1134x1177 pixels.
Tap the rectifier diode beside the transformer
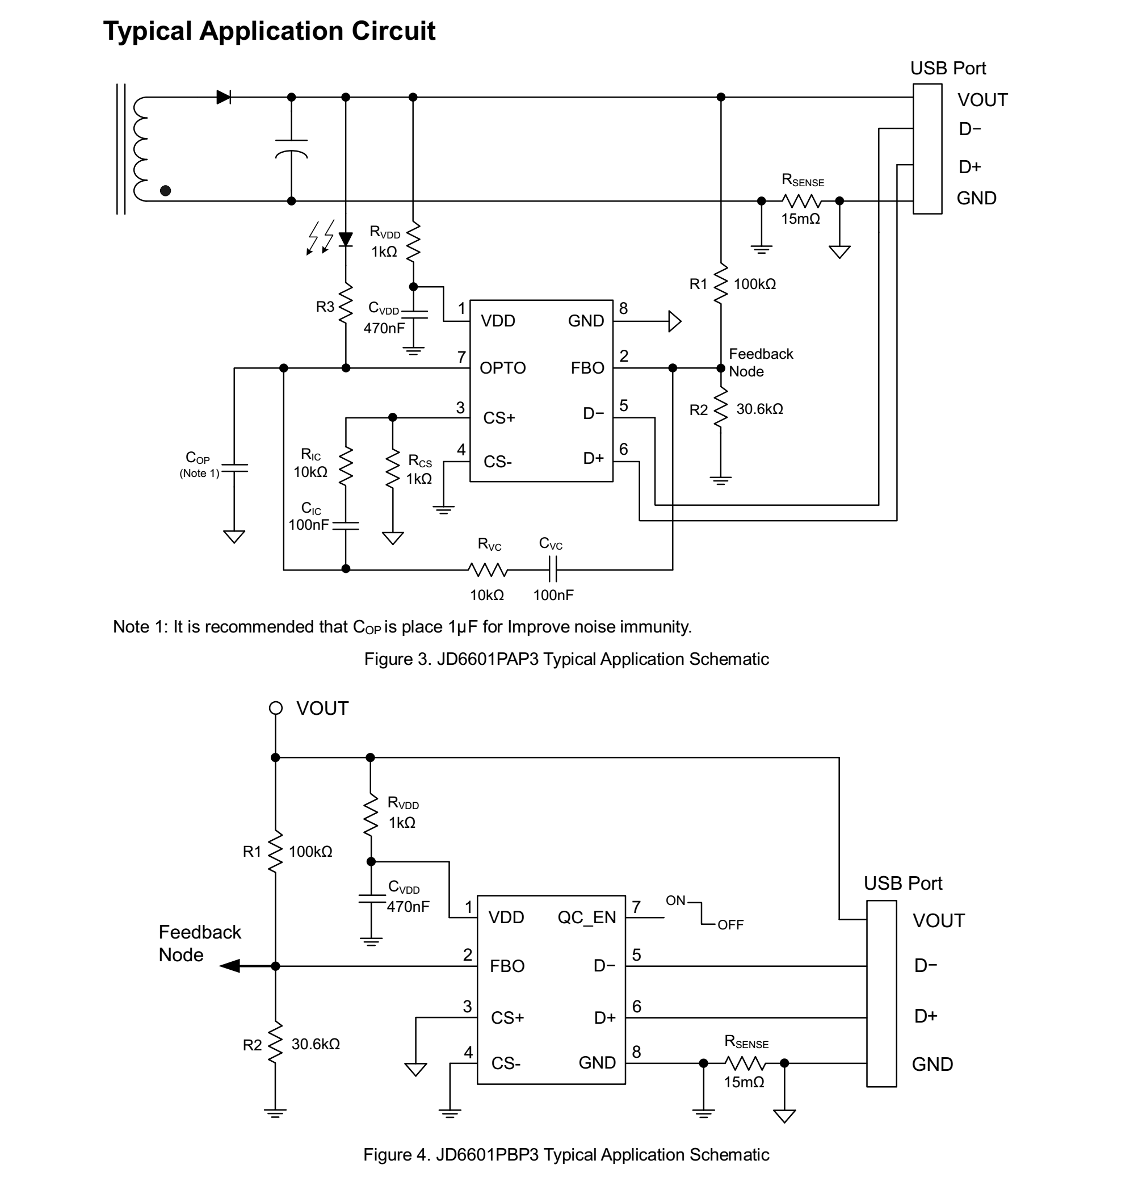[x=224, y=97]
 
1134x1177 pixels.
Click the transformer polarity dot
[x=166, y=190]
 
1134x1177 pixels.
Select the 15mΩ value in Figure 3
[x=800, y=219]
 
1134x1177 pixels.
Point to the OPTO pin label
[x=502, y=368]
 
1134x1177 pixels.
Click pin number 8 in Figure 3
[x=624, y=309]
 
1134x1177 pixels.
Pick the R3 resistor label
[x=325, y=307]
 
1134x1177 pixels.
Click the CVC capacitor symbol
[x=553, y=569]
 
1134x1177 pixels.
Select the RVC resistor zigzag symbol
[x=488, y=569]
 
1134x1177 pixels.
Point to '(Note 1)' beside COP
[x=199, y=473]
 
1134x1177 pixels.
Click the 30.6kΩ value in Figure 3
[x=759, y=409]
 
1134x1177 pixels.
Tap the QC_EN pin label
[x=586, y=918]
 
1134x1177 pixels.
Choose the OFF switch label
[x=730, y=925]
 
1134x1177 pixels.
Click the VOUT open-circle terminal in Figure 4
[x=275, y=708]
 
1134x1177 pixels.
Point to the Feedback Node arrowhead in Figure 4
[x=230, y=966]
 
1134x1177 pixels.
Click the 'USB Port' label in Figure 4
[x=902, y=883]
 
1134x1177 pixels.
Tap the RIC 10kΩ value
[x=310, y=472]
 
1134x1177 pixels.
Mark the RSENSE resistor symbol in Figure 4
[x=745, y=1063]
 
